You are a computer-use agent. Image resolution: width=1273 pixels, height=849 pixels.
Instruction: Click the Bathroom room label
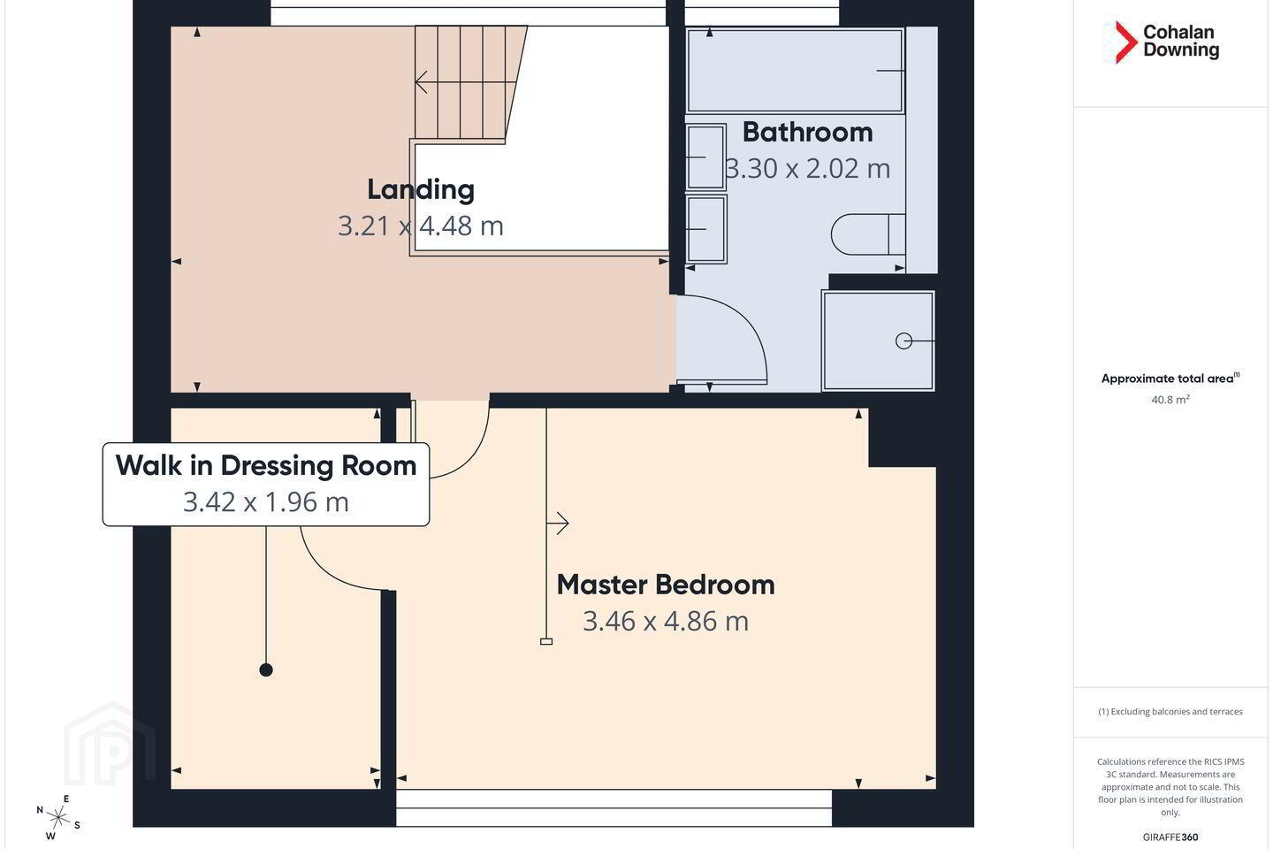tap(808, 133)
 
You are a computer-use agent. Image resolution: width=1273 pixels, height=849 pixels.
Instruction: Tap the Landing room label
tap(421, 190)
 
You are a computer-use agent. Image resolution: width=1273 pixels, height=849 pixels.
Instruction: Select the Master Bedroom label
tap(666, 585)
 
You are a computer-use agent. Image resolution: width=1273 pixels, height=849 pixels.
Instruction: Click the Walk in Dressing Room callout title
tap(266, 466)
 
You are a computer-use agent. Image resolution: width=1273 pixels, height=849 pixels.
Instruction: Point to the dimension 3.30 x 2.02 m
tap(808, 169)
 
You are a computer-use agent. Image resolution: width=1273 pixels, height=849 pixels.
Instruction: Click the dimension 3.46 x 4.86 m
tap(666, 621)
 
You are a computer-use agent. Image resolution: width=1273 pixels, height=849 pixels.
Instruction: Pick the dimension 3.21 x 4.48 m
tap(421, 226)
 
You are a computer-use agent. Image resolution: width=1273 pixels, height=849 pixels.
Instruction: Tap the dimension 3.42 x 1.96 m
tap(266, 502)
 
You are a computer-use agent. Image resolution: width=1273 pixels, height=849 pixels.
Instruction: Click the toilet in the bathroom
tap(868, 234)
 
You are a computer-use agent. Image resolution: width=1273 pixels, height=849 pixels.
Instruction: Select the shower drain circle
tap(903, 340)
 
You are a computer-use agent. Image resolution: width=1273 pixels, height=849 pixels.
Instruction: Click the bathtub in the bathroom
tap(795, 71)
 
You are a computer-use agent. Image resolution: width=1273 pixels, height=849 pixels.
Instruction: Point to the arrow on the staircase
tap(465, 82)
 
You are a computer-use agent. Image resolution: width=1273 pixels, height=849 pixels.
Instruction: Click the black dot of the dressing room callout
tap(266, 669)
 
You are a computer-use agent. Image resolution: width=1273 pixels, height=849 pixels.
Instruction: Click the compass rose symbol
tap(58, 818)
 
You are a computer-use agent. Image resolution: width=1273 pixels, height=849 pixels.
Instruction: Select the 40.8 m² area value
tap(1170, 399)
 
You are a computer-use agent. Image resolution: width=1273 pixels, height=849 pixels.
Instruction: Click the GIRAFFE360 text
tap(1170, 837)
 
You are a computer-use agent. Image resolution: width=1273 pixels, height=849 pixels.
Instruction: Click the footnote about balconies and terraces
tap(1170, 711)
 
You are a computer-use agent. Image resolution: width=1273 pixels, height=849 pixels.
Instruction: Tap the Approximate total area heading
tap(1170, 379)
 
